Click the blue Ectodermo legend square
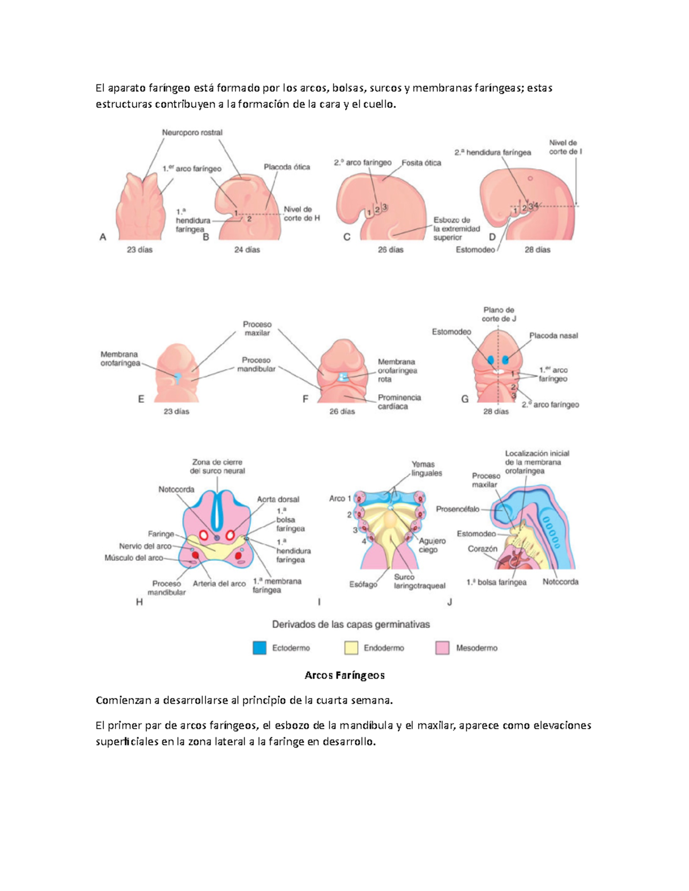tap(260, 648)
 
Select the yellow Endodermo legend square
tap(351, 648)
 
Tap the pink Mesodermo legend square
tap(442, 648)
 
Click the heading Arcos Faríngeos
tap(344, 675)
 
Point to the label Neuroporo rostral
tap(192, 133)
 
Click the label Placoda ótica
tap(287, 167)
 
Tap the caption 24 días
tap(247, 250)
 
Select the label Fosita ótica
tap(421, 163)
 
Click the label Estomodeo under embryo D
tap(475, 250)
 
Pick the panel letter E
tap(141, 399)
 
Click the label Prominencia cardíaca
tap(399, 402)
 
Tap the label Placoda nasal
tap(553, 336)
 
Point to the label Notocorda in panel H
tap(176, 489)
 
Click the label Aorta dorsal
tap(278, 499)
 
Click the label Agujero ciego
tap(432, 545)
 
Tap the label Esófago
tap(363, 585)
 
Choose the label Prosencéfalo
tap(458, 509)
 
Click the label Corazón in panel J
tap(482, 549)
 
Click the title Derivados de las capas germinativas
tap(351, 624)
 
